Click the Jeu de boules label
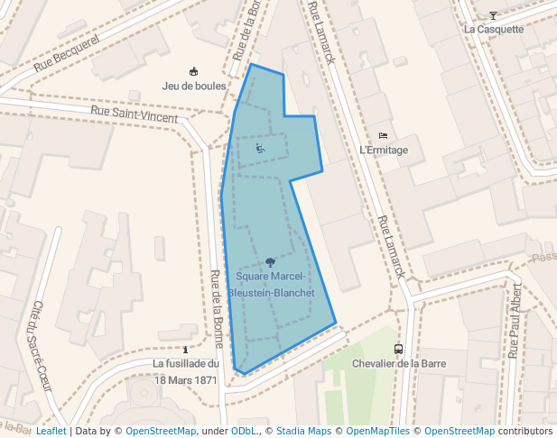pos(193,87)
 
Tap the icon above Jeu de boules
pos(193,72)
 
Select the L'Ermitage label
pos(384,151)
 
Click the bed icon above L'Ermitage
pos(384,136)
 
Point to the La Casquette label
pos(494,29)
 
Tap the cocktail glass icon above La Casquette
pos(493,14)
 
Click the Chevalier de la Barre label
pos(398,363)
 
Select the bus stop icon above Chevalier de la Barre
pos(398,349)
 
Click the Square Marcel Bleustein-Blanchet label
pos(271,285)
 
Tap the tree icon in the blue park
pos(271,263)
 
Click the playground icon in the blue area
pos(260,149)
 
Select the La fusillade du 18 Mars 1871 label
pos(186,371)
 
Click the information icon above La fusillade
pos(186,349)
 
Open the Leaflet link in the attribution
pos(51,432)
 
